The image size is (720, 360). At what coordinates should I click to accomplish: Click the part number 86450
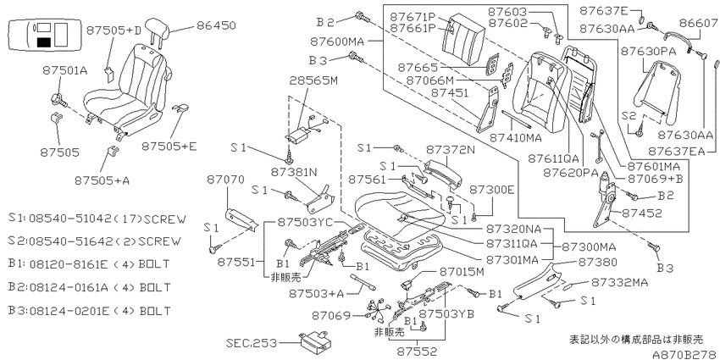pos(216,25)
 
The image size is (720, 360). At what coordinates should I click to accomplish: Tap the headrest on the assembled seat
pos(158,30)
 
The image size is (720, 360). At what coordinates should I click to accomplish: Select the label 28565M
pos(313,80)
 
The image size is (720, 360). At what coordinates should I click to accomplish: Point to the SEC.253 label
pos(252,343)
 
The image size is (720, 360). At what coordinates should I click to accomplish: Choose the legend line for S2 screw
pos(95,241)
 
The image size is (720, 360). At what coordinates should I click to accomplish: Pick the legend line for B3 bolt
pos(89,311)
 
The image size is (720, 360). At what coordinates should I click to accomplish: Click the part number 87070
pos(225,180)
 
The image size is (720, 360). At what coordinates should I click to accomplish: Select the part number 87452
pos(642,213)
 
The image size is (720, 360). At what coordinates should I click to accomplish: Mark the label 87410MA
pos(515,137)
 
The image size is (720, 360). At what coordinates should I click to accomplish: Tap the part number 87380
pos(597,263)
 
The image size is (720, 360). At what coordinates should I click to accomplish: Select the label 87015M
pos(462,272)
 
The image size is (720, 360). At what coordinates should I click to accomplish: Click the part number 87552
pos(418,352)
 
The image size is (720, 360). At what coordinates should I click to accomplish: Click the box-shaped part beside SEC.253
pos(315,342)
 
